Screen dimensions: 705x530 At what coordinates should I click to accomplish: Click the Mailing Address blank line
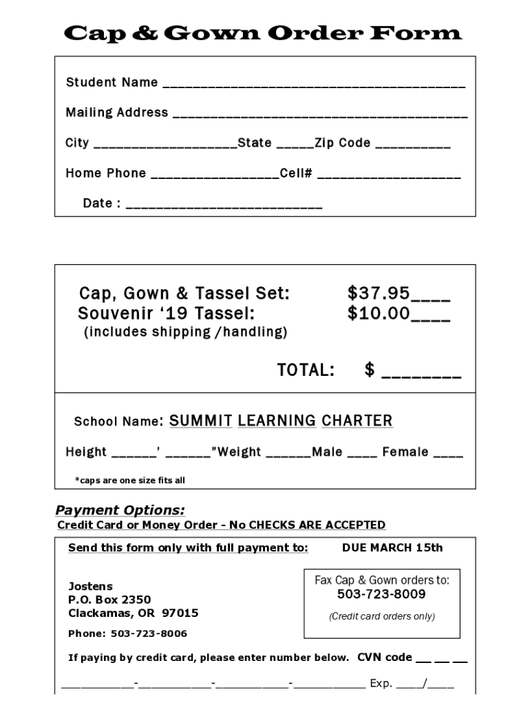coord(319,114)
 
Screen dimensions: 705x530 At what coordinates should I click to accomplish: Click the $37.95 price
coord(379,294)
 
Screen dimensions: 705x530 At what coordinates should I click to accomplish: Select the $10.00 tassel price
coord(379,315)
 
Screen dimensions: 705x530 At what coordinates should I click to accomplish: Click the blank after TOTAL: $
coord(421,373)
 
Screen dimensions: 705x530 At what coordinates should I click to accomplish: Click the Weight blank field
coord(288,454)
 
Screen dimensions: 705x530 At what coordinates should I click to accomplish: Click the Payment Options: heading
coord(120,510)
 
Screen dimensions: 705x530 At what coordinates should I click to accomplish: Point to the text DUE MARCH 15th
coord(392,548)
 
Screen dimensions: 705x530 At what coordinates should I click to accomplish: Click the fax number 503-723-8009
coord(381,594)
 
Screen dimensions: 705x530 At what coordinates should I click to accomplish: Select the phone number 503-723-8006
coord(149,633)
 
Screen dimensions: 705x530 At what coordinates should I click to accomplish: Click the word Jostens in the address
coord(89,586)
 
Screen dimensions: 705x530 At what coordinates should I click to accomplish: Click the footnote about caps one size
coord(129,481)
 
